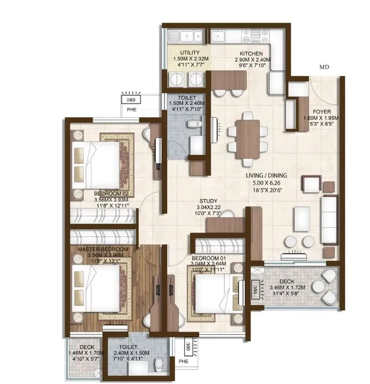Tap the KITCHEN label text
coord(252,53)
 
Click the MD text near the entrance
coord(324,67)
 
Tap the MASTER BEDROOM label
coord(103,249)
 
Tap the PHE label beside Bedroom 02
coord(132,109)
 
